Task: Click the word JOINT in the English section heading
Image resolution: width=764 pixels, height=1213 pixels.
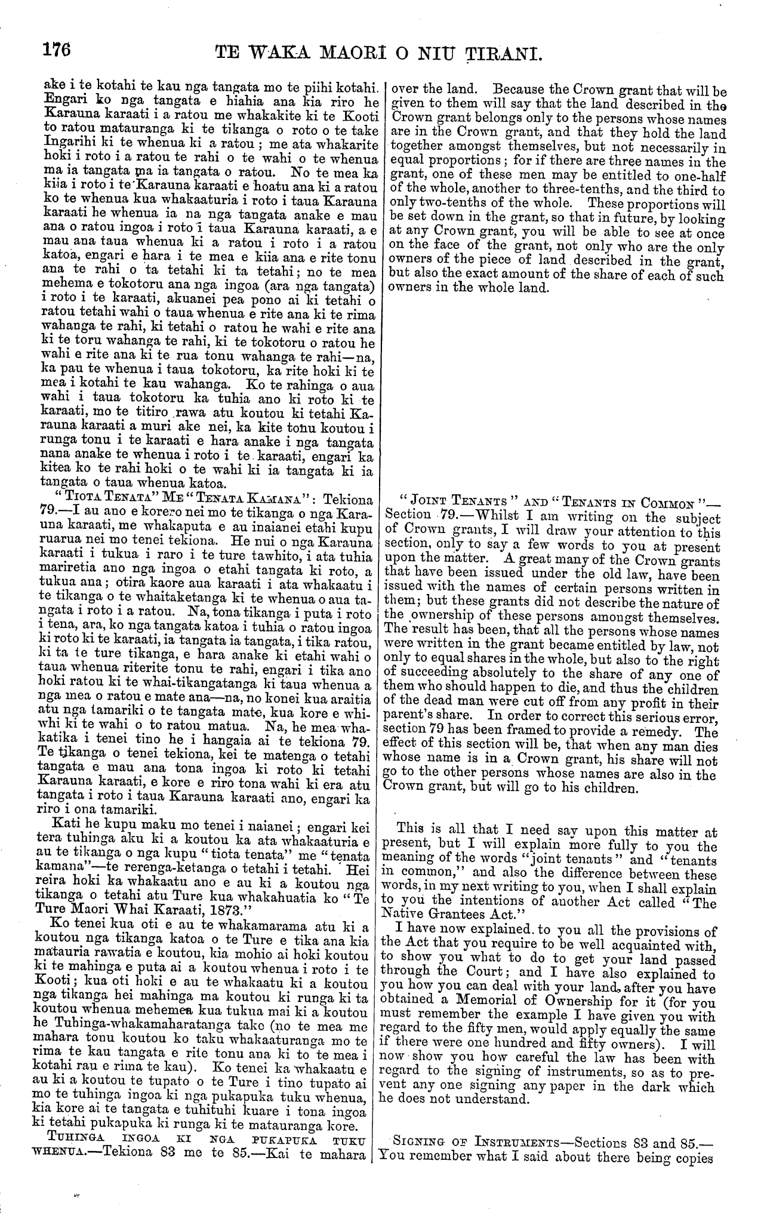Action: point(429,500)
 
